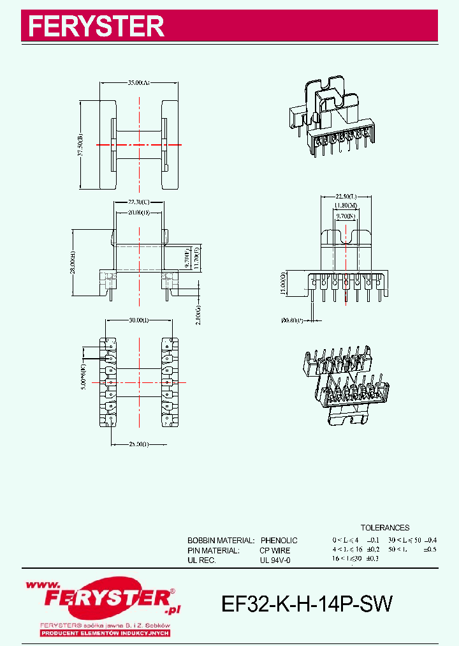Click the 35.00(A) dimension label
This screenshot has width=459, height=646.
click(x=138, y=83)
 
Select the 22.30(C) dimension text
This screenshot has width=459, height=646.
click(x=138, y=202)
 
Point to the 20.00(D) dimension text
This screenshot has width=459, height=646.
click(x=138, y=212)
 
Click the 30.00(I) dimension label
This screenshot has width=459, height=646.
click(x=138, y=320)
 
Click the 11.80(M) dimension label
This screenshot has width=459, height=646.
click(x=344, y=206)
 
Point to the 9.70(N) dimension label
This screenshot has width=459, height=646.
click(x=344, y=216)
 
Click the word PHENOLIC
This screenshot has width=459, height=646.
click(x=279, y=541)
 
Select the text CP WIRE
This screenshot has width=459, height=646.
click(x=275, y=550)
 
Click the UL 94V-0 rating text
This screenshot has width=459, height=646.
click(x=275, y=560)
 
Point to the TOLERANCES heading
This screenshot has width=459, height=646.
click(x=385, y=528)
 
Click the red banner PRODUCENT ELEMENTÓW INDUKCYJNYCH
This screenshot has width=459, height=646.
click(x=105, y=633)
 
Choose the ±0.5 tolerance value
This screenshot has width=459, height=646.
click(x=431, y=549)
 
